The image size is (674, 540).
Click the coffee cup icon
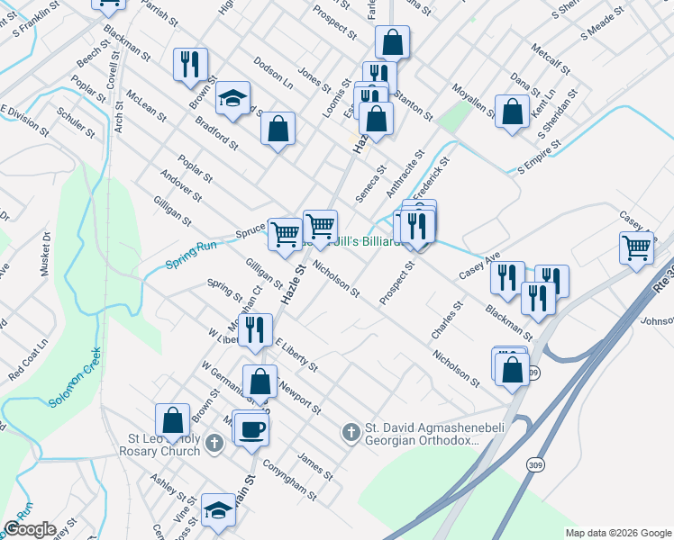point(252,428)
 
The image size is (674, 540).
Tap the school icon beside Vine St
point(217,510)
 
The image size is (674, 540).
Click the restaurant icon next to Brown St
point(190,64)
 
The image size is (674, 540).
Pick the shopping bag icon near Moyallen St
point(512,112)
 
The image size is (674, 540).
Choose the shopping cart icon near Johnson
point(637,247)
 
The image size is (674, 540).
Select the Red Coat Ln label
point(28,360)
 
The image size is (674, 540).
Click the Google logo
point(30,528)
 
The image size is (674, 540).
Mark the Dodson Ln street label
point(274,68)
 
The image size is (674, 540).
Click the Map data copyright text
point(615,533)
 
